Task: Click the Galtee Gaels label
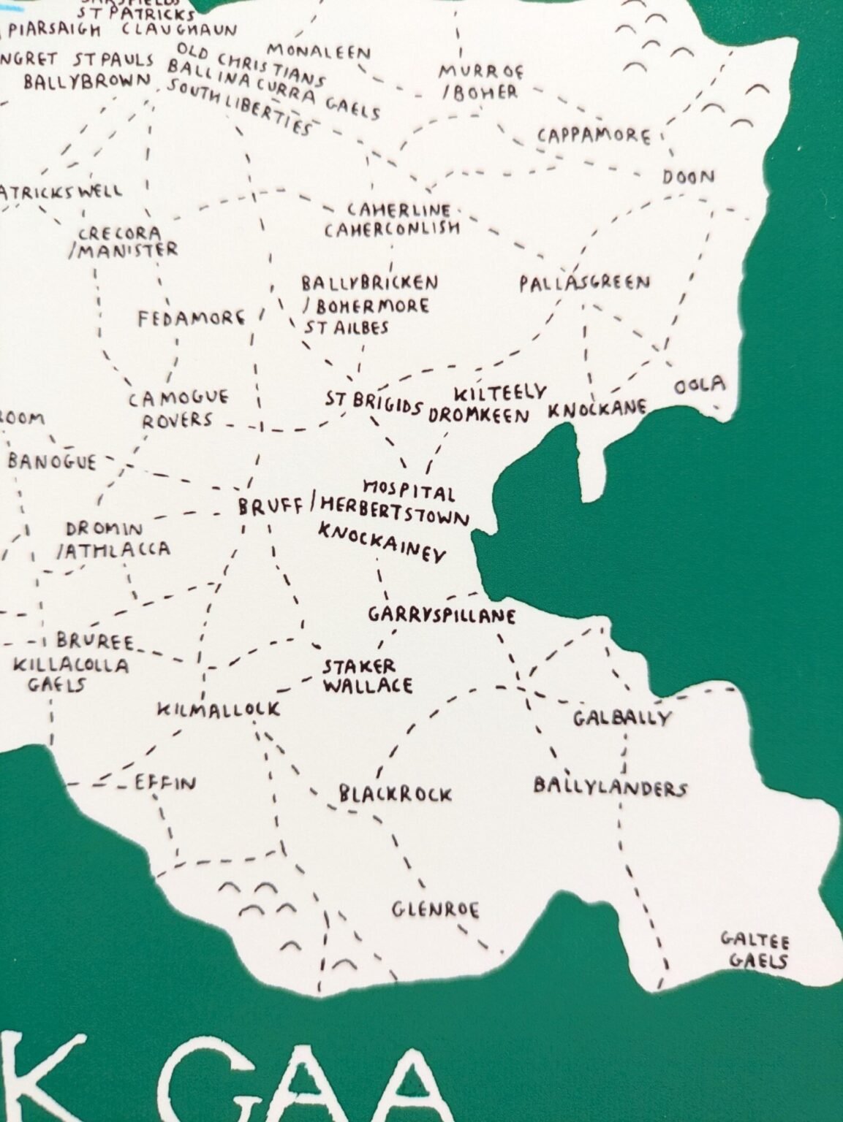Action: coord(756,950)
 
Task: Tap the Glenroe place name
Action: coord(436,910)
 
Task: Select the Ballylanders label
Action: coord(610,787)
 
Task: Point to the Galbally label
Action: coord(621,718)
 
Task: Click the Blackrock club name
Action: coord(395,794)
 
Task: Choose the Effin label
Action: coord(165,784)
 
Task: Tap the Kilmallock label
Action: coord(219,709)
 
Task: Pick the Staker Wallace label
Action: coord(367,676)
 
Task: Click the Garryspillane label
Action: coord(442,615)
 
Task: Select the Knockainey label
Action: coord(382,543)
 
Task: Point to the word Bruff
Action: coord(270,506)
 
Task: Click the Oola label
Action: coord(700,385)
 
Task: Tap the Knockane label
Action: coord(597,408)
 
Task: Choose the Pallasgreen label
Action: coord(584,283)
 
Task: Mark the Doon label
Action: coord(688,177)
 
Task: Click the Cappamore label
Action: coord(593,136)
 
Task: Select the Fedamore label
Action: coord(192,319)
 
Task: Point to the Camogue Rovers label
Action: coord(178,409)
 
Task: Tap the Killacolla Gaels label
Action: coord(70,674)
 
